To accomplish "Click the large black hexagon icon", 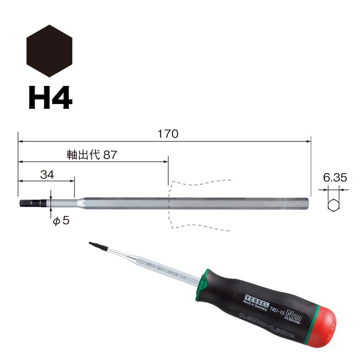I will (x=49, y=51).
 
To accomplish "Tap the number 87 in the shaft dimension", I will (x=110, y=155).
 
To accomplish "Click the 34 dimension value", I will (x=46, y=175).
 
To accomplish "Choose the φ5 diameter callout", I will (x=61, y=221).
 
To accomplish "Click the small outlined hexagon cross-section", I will (x=333, y=205).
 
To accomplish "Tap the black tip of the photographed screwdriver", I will (x=93, y=245).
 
